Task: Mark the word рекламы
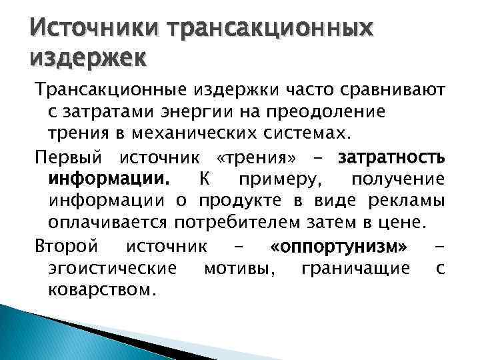pos(407,201)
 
